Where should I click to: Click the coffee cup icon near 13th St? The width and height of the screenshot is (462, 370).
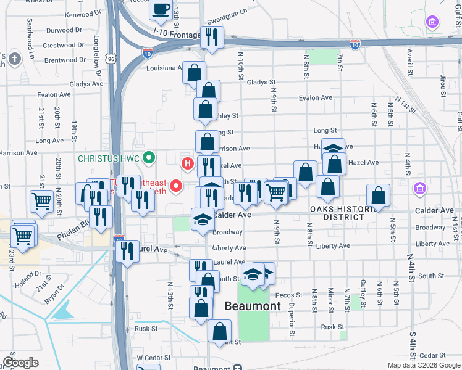click(161, 9)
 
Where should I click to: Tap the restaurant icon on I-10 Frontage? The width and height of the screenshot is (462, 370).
click(212, 38)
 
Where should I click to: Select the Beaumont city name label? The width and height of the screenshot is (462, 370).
click(252, 306)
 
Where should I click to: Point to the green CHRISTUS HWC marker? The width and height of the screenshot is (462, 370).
click(148, 158)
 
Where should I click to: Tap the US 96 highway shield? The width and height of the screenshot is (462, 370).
click(111, 59)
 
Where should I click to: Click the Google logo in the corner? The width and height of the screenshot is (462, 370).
click(20, 363)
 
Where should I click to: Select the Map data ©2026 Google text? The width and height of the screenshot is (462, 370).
click(424, 365)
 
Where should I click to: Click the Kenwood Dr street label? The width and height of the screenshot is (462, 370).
click(82, 14)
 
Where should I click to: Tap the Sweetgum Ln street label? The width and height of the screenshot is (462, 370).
click(227, 11)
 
